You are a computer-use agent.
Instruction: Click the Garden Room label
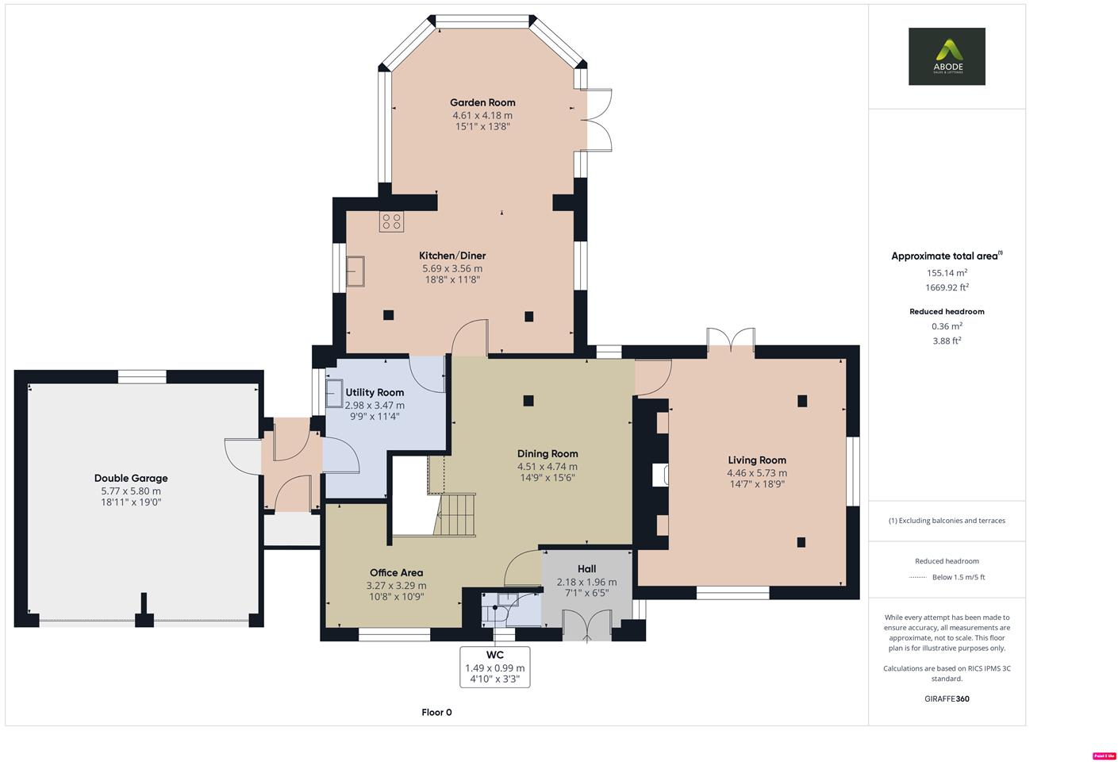[482, 102]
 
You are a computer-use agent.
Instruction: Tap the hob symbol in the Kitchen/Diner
[391, 221]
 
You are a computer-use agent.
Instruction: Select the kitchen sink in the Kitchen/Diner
[355, 271]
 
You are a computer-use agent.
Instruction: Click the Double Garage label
[131, 478]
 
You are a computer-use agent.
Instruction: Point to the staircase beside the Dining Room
[455, 514]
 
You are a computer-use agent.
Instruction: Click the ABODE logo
[947, 56]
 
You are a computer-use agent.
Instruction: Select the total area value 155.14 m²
[947, 272]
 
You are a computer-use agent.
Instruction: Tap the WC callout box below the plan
[494, 667]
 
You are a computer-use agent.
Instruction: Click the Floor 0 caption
[436, 712]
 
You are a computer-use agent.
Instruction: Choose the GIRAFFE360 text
[947, 698]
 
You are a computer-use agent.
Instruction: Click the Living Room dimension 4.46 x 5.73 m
[757, 473]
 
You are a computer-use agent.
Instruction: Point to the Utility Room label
[375, 392]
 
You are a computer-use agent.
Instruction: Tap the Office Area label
[396, 572]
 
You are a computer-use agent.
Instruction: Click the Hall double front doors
[587, 625]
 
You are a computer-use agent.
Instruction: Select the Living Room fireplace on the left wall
[660, 475]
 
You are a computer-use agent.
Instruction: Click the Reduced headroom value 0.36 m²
[947, 325]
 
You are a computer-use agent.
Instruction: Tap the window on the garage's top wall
[142, 377]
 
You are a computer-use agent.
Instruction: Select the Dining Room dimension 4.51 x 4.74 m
[547, 467]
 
